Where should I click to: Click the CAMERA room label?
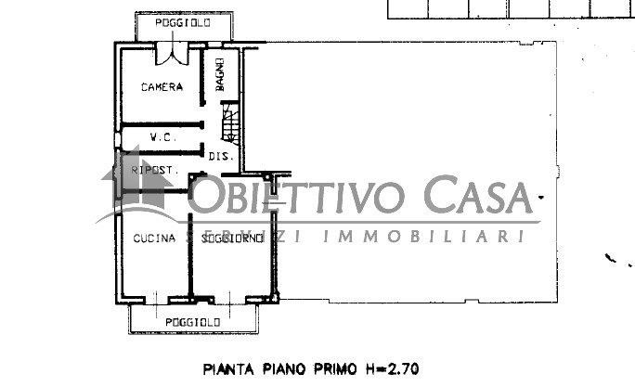[162, 87]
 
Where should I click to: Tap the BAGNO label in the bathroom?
[222, 74]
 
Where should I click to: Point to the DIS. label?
[220, 156]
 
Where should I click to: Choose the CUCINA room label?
[154, 238]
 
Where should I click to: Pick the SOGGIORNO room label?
[227, 238]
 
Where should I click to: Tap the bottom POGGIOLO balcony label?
[192, 321]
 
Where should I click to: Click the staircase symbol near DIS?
[229, 123]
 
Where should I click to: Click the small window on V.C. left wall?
[117, 140]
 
